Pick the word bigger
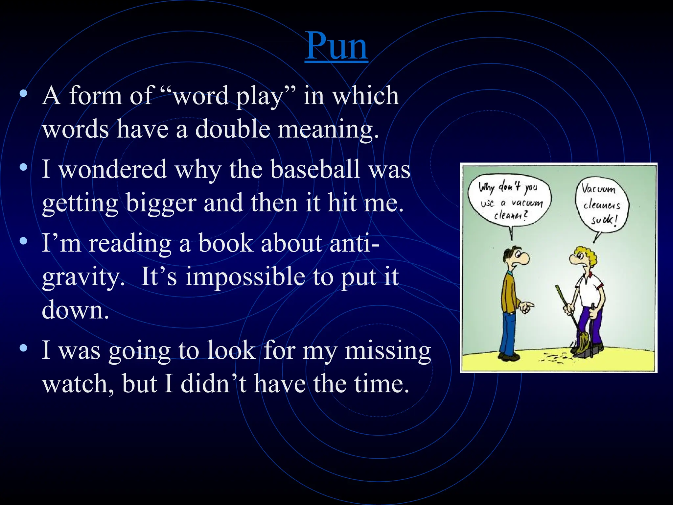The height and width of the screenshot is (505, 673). [161, 204]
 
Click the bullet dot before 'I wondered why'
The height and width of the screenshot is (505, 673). [23, 167]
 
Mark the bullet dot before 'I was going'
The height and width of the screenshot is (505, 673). [23, 348]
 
